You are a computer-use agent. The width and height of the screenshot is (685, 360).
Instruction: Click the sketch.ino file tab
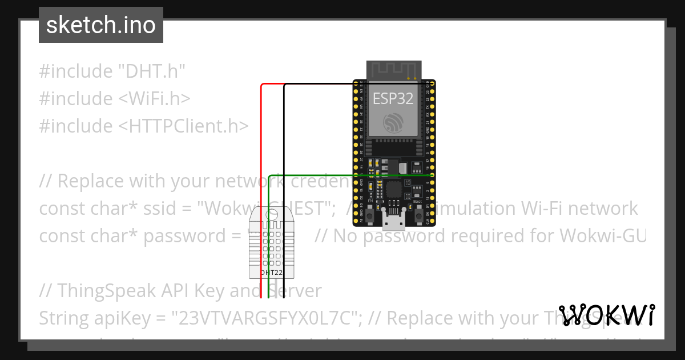tap(101, 25)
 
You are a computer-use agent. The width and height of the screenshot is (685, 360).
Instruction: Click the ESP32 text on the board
tap(393, 98)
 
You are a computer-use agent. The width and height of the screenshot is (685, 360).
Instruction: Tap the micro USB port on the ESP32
tap(394, 220)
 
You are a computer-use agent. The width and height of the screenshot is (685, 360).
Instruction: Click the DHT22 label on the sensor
tap(271, 273)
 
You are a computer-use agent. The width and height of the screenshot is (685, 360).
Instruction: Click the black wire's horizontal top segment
tap(354, 84)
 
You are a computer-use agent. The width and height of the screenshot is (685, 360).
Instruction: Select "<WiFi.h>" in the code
tap(154, 99)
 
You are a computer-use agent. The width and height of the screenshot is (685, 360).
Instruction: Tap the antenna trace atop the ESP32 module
tap(393, 69)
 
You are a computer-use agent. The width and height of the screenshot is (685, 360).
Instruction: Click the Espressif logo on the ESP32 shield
tap(393, 122)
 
